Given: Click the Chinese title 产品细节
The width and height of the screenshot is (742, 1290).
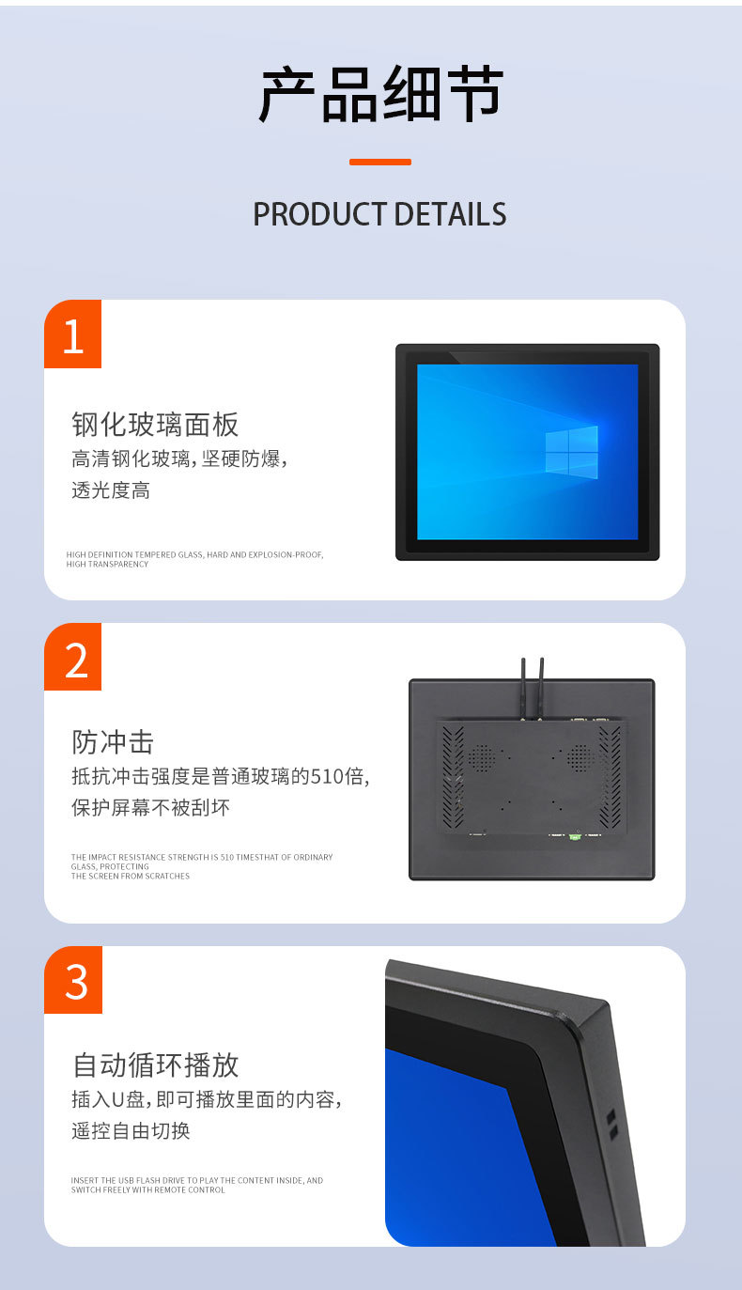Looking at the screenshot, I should (x=380, y=96).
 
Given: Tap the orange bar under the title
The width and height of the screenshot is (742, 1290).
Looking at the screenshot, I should (x=379, y=162).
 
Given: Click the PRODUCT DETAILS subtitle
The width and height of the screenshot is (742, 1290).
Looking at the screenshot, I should (x=379, y=214).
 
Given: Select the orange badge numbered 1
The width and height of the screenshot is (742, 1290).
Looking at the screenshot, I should (x=73, y=335).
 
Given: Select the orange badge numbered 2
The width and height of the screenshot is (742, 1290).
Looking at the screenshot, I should (x=73, y=659).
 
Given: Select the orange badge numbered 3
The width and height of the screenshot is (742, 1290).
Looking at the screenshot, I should (x=73, y=981).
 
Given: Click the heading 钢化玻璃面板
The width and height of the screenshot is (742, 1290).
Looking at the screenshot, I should (x=155, y=425).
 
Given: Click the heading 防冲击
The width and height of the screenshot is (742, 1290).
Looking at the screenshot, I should (x=113, y=742).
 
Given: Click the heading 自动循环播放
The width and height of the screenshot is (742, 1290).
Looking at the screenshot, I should (x=155, y=1065).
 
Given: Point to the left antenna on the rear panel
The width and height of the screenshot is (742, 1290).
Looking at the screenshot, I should (x=524, y=686).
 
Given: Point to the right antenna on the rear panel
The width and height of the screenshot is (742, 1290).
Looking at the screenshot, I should (x=542, y=686).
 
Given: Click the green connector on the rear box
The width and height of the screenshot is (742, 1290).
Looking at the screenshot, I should (x=575, y=834).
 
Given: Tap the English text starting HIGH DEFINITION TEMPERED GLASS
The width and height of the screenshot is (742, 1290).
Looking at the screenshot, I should (x=194, y=559).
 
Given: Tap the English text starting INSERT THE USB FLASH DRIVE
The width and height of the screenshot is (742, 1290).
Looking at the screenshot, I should (x=196, y=1185).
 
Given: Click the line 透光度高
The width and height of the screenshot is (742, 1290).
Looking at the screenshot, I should (x=111, y=490).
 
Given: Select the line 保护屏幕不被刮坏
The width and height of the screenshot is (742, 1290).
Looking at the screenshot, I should (x=150, y=807).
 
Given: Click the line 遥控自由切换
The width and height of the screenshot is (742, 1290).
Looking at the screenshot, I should (x=131, y=1130).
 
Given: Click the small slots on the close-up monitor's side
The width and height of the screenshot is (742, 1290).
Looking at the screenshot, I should (x=611, y=1124).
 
